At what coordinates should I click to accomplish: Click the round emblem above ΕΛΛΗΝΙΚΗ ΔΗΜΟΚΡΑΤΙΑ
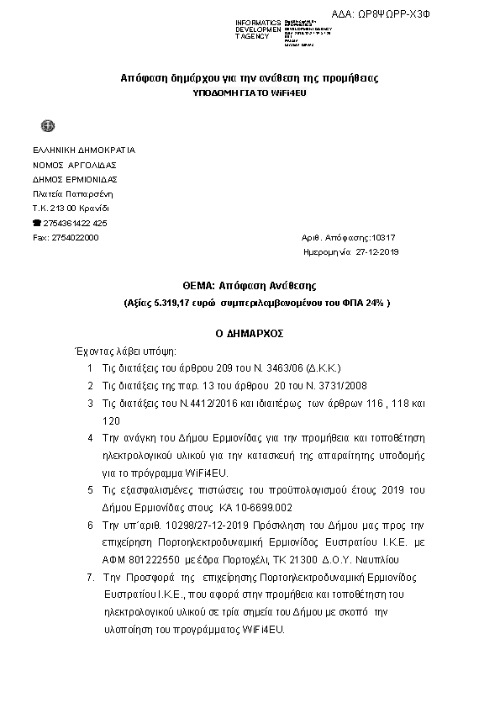pyautogui.click(x=48, y=126)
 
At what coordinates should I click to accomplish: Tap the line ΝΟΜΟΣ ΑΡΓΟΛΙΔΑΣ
pyautogui.click(x=74, y=165)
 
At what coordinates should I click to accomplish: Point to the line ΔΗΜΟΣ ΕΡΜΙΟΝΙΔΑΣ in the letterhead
pyautogui.click(x=75, y=179)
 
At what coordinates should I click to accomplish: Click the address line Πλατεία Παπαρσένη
pyautogui.click(x=71, y=193)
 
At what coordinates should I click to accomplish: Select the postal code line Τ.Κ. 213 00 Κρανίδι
pyautogui.click(x=71, y=208)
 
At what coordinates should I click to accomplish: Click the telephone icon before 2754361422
pyautogui.click(x=36, y=223)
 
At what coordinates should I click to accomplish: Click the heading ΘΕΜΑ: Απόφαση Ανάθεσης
pyautogui.click(x=249, y=286)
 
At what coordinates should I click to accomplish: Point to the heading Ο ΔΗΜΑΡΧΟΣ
pyautogui.click(x=250, y=334)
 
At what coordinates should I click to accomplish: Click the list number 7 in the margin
pyautogui.click(x=90, y=578)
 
